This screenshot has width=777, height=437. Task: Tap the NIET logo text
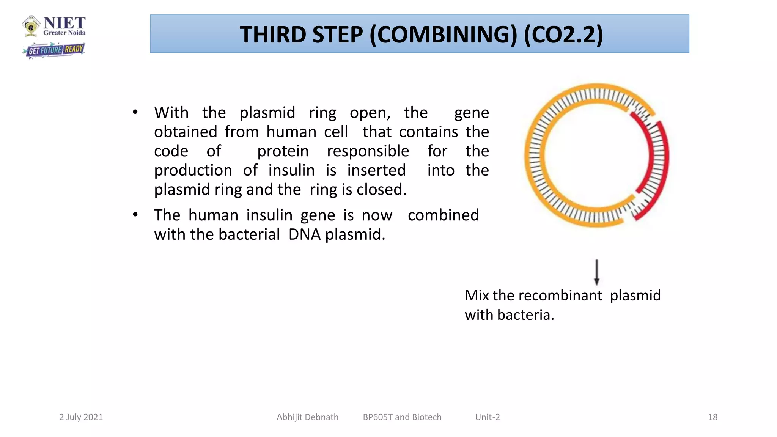coord(64,23)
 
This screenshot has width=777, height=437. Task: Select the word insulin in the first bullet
coord(291,170)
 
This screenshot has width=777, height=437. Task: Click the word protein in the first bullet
coord(283,151)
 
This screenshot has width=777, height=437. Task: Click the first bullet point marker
coord(135,112)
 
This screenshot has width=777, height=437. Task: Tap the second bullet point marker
coord(135,215)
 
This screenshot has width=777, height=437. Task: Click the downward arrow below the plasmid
coord(596,272)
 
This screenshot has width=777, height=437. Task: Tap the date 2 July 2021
coord(81,417)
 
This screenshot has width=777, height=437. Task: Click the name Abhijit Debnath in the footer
coord(307,417)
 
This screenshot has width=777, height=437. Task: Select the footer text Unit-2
coord(487,417)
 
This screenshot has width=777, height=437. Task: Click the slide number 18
coord(712,417)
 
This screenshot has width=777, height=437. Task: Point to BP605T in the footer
coord(377,417)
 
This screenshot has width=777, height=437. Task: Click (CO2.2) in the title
coord(563,35)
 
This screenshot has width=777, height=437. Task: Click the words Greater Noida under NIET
coord(64,33)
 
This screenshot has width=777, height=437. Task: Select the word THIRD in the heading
coord(272,35)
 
